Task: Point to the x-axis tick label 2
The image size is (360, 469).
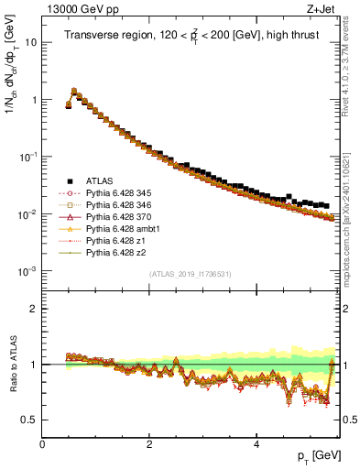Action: click(149, 444)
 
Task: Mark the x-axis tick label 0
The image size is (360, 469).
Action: click(43, 444)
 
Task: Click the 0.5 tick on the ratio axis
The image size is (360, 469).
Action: click(30, 420)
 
